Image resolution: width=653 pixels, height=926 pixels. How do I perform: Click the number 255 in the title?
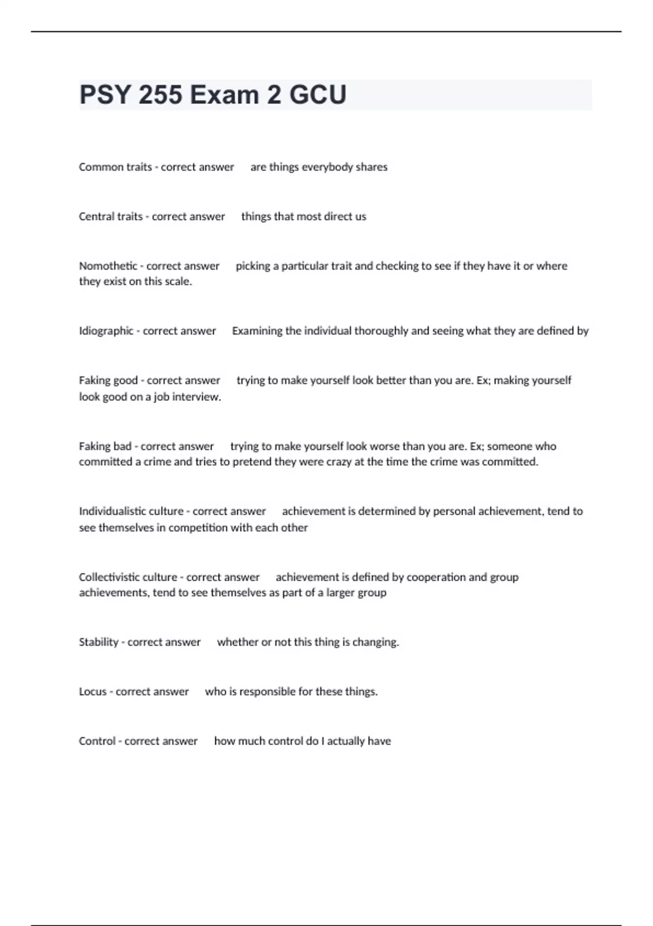[161, 95]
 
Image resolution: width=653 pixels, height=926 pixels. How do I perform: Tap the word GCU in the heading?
[317, 95]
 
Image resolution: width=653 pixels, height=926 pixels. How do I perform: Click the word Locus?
[93, 691]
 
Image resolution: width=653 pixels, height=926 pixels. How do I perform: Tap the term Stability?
[98, 642]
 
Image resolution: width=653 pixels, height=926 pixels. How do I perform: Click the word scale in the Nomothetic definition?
[178, 282]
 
